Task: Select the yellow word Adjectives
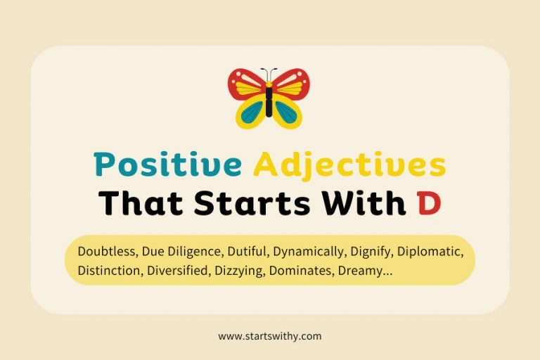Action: coord(349,166)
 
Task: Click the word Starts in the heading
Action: coord(247,202)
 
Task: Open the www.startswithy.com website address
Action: coord(270,337)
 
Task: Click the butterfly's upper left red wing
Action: coord(246,84)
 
